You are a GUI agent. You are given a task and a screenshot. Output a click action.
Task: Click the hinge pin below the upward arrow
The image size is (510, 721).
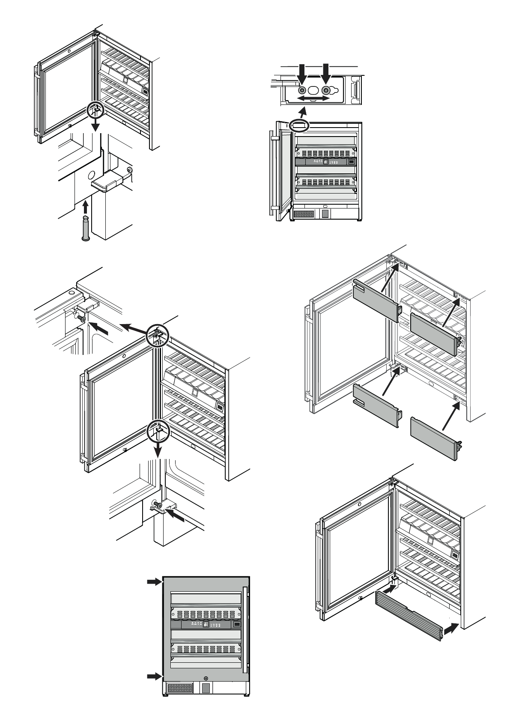pos(85,229)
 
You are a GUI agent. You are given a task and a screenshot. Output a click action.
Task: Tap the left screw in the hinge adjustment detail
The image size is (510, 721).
pos(302,90)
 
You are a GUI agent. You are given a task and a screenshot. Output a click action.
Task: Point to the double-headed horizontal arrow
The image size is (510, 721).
pos(314,98)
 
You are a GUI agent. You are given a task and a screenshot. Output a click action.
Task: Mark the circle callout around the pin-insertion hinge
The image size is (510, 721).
pos(95,110)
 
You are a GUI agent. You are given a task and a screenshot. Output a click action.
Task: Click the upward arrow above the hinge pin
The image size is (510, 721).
pos(85,208)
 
